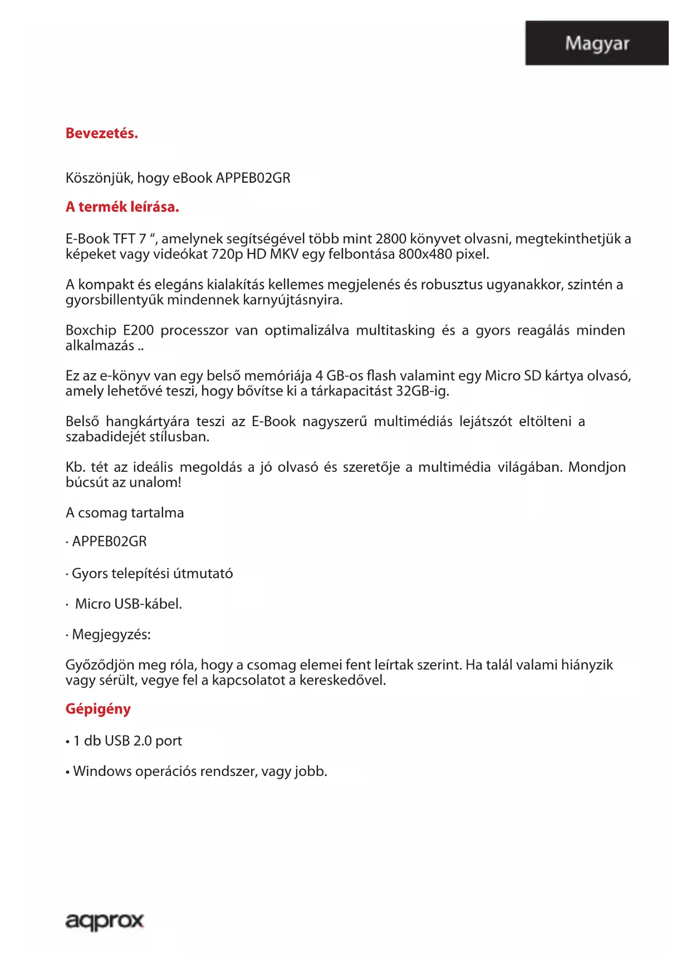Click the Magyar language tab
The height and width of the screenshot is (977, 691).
[x=596, y=43]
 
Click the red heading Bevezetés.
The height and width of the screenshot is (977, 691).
[x=101, y=134]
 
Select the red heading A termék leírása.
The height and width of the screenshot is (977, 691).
[x=122, y=207]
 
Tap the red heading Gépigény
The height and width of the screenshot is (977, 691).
[x=98, y=709]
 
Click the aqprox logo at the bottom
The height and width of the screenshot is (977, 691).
[x=105, y=921]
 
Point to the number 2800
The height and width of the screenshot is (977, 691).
[x=391, y=239]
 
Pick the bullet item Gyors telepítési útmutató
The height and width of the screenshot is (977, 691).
[x=152, y=574]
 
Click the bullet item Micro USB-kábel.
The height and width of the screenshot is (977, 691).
[x=129, y=604]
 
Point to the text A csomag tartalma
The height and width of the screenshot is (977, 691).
[x=125, y=513]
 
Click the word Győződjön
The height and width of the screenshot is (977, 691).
[x=100, y=665]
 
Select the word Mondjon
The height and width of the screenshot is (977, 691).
[x=596, y=467]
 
